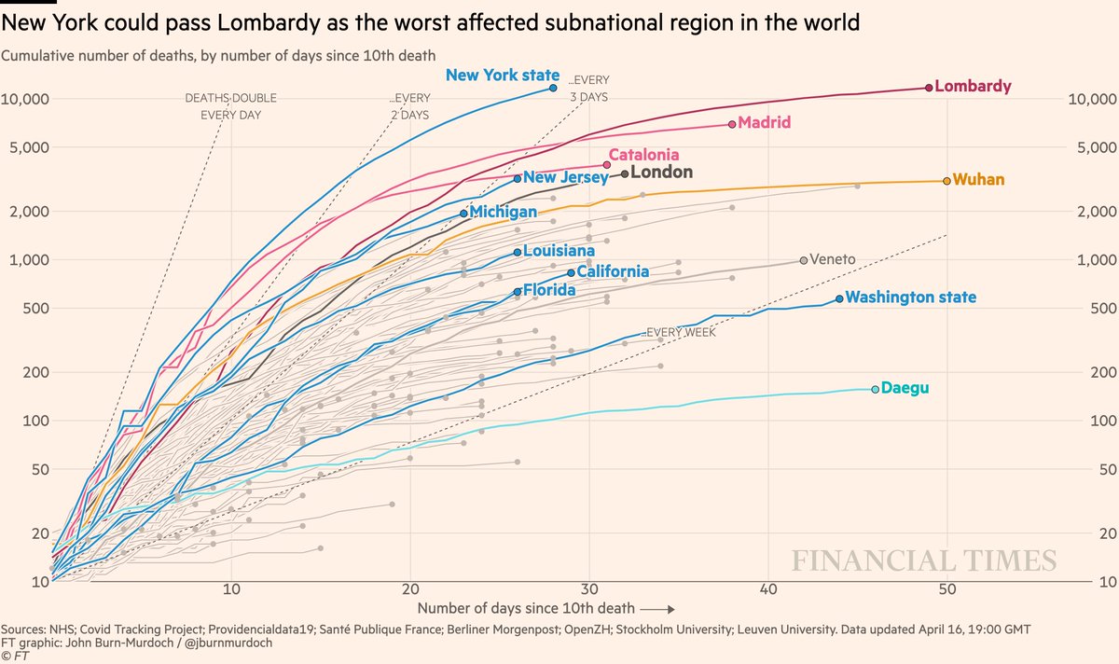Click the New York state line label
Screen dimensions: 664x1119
click(x=503, y=76)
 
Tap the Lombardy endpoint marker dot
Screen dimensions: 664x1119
click(x=929, y=87)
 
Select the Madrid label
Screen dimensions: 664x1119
click(x=764, y=122)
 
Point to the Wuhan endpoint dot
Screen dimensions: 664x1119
click(x=946, y=180)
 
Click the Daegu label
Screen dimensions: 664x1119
click(x=905, y=388)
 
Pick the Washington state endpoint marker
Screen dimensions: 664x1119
click(x=839, y=298)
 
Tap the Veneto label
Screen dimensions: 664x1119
click(x=834, y=259)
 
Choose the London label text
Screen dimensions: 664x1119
click(x=662, y=173)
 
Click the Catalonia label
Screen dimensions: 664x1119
click(x=643, y=155)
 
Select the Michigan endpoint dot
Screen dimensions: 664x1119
click(x=463, y=214)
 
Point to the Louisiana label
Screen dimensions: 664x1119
click(x=559, y=251)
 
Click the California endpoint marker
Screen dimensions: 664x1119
click(x=571, y=272)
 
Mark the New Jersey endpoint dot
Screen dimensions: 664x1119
click(x=518, y=178)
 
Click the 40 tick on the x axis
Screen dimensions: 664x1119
click(x=768, y=589)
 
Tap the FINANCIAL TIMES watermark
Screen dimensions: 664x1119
click(x=924, y=560)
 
